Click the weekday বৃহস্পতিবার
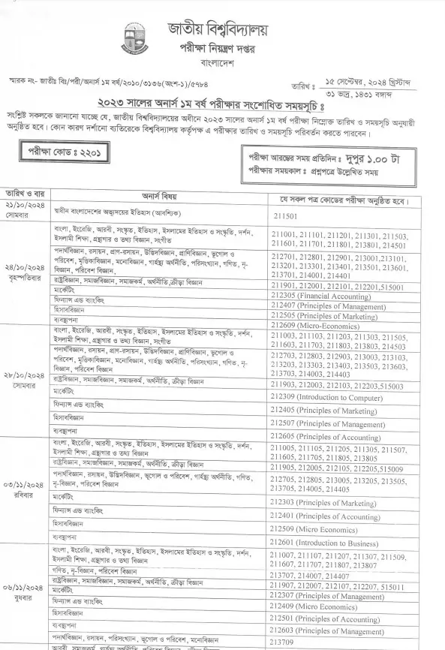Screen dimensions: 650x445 (x=25, y=276)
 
